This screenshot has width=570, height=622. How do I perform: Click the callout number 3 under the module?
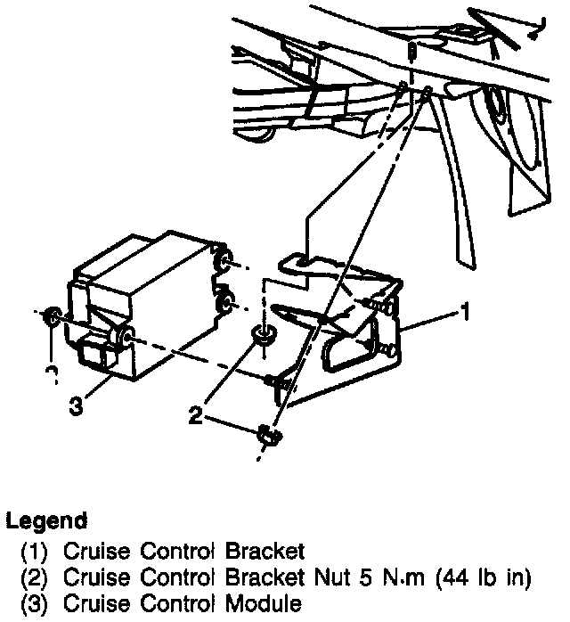pyautogui.click(x=77, y=407)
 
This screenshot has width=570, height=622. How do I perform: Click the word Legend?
pyautogui.click(x=46, y=520)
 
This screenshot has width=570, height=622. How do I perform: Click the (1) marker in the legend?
pyautogui.click(x=34, y=551)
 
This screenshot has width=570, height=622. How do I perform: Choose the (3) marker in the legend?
pyautogui.click(x=34, y=603)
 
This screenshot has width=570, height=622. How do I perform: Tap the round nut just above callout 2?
pyautogui.click(x=262, y=336)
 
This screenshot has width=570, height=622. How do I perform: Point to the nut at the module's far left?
pyautogui.click(x=53, y=315)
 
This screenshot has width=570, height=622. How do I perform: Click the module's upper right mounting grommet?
pyautogui.click(x=224, y=261)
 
